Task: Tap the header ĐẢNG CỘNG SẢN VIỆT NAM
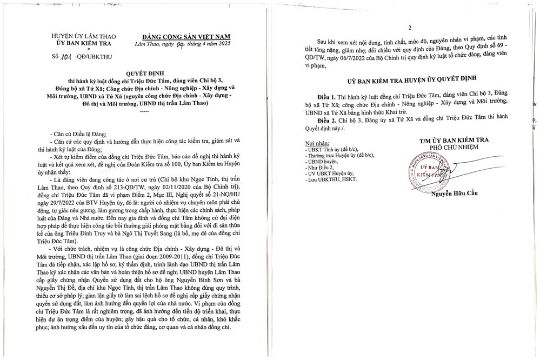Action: (181, 33)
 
